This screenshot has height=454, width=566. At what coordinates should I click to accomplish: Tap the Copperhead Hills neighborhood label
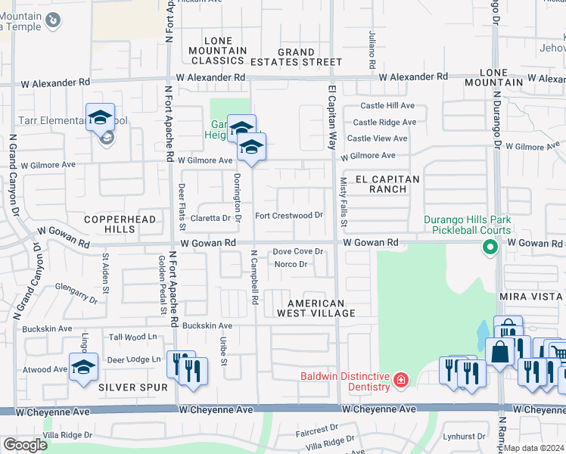click(x=120, y=224)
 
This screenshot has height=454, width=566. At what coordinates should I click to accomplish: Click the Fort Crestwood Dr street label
click(x=289, y=216)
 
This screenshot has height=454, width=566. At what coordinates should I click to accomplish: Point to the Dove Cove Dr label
click(x=298, y=251)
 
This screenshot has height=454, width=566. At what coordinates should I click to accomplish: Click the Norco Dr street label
click(x=291, y=264)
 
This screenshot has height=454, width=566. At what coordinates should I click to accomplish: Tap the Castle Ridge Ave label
click(x=384, y=122)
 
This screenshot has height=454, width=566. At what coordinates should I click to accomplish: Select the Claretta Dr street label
click(x=210, y=218)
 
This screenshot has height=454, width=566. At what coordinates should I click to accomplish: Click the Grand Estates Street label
click(x=296, y=57)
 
